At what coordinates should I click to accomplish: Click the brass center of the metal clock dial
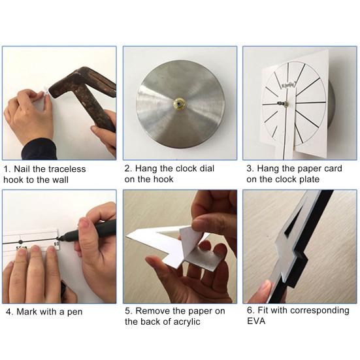[x=179, y=103]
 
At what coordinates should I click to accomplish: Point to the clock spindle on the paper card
[x=283, y=104]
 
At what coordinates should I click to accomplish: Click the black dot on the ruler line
[x=21, y=242]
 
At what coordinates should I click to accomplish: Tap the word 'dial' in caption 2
[x=206, y=169]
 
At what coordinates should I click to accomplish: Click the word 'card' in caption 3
[x=333, y=169]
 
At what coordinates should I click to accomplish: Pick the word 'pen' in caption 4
[x=74, y=312]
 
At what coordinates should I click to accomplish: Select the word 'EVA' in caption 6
[x=256, y=321]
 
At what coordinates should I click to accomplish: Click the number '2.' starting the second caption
[x=128, y=169]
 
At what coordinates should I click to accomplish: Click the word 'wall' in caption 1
[x=60, y=180]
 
